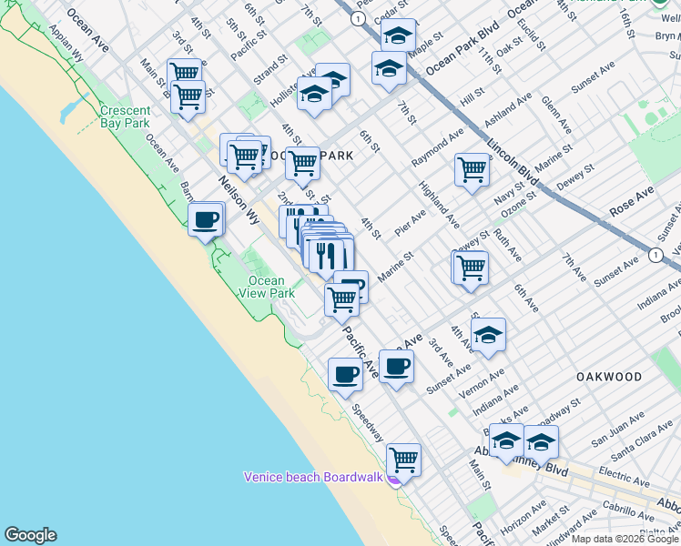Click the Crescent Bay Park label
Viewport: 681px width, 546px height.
pos(125,116)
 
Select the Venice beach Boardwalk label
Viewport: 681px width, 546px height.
pos(314,477)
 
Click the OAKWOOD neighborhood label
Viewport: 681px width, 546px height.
pos(608,376)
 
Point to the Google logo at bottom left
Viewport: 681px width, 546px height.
pos(30,535)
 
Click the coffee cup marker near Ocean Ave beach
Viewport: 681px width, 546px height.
pos(207,219)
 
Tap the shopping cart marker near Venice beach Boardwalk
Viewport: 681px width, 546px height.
pos(403,460)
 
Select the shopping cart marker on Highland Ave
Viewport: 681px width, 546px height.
pos(472,169)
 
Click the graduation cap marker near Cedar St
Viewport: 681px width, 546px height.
pos(398,35)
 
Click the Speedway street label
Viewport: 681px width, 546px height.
pos(368,423)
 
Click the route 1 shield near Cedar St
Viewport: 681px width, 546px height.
pos(359,18)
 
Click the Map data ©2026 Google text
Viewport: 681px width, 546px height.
pos(625,539)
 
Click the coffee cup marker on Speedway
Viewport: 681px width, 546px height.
pos(345,374)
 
